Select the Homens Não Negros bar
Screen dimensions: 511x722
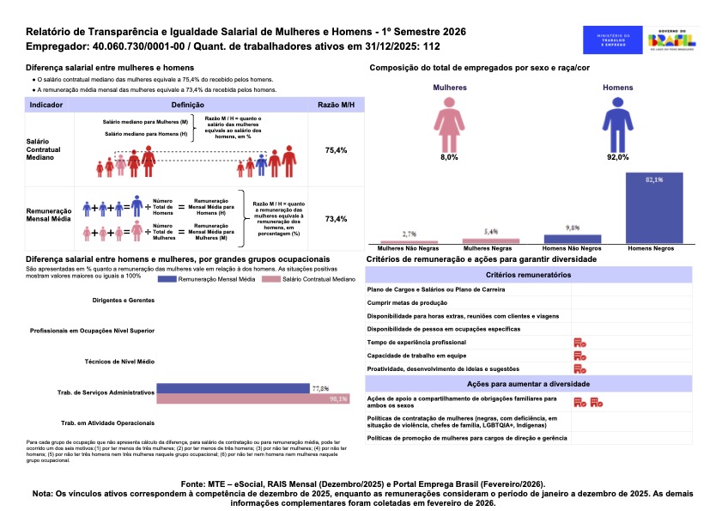(x=573, y=238)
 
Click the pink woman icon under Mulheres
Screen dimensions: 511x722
(x=450, y=124)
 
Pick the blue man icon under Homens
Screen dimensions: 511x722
(x=618, y=124)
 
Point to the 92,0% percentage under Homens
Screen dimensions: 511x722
(x=618, y=157)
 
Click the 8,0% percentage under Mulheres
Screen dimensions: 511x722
(x=450, y=157)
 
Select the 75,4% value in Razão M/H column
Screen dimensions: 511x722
(x=336, y=150)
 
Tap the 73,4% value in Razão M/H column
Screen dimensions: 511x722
(x=336, y=219)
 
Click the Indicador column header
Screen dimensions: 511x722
(x=46, y=104)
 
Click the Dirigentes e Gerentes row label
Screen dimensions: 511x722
(x=123, y=301)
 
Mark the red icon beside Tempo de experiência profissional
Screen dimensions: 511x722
(x=580, y=343)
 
